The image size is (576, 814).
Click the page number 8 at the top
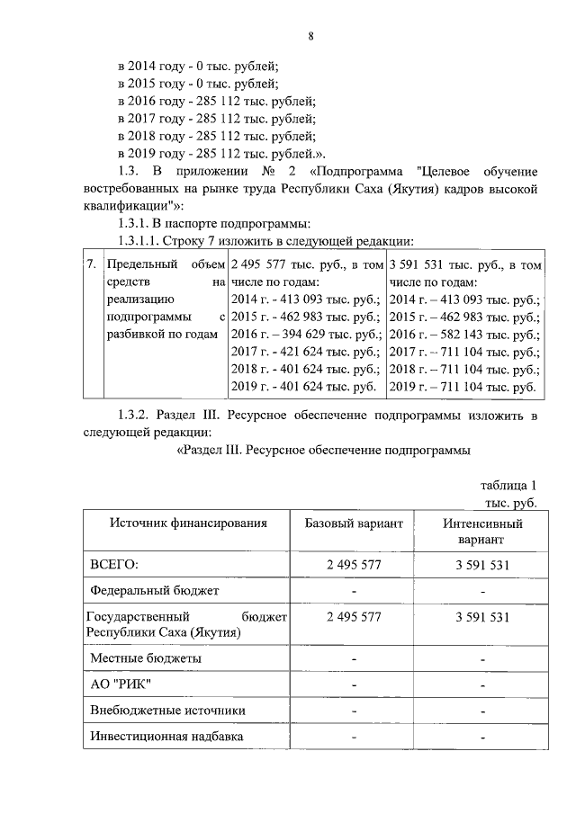pos(310,36)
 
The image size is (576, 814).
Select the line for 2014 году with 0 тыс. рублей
pos(199,66)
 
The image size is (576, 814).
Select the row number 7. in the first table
pos(91,265)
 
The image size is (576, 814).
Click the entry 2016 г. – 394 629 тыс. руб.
pos(306,334)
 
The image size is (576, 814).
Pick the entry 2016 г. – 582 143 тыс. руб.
pos(464,334)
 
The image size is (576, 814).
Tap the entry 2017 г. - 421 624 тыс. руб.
pos(306,352)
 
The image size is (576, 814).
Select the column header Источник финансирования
pos(188,523)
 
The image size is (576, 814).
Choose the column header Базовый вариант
pos(354,523)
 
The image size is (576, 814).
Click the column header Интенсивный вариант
pos(482,531)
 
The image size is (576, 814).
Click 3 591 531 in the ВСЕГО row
pos(482,564)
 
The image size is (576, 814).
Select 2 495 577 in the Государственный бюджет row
pos(354,617)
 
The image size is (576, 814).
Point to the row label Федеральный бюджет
pos(155,591)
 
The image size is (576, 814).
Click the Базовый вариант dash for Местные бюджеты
pos(354,659)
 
